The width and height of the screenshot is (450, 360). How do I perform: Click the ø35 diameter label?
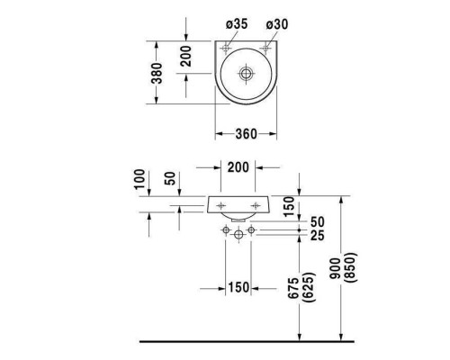click(237, 24)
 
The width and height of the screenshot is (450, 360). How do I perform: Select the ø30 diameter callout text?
click(277, 24)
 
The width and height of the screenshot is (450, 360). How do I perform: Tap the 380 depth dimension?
click(157, 73)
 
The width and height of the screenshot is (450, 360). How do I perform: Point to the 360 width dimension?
click(246, 134)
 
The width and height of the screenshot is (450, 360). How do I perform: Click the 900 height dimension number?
click(336, 268)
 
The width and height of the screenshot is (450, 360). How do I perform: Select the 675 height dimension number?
click(293, 288)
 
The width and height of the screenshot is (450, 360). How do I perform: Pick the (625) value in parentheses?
click(309, 287)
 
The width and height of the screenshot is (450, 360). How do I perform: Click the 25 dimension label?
click(318, 236)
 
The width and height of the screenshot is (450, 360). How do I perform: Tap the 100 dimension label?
click(139, 179)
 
